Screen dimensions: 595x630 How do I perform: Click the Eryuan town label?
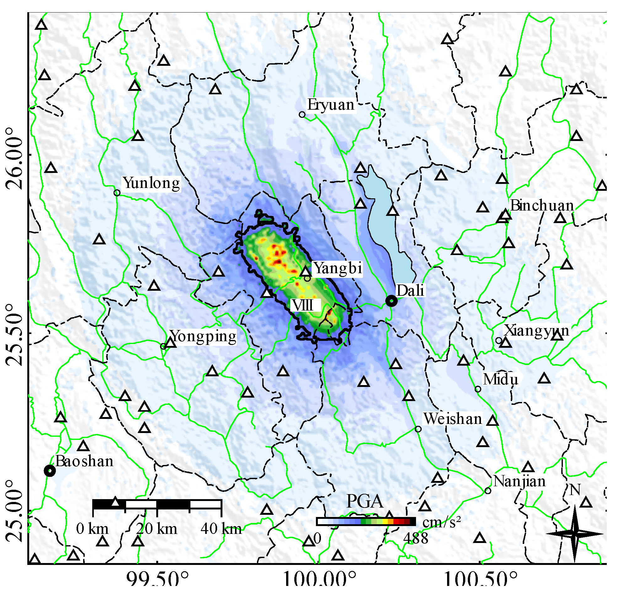[331, 105]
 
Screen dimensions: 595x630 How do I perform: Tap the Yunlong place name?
[151, 183]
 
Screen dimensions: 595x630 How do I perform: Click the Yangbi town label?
[338, 268]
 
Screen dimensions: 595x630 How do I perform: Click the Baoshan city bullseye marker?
[50, 471]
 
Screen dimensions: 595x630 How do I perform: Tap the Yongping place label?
[203, 336]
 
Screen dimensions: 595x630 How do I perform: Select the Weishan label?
[453, 419]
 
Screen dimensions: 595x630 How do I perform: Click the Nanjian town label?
[520, 482]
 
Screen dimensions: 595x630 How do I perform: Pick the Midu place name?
[500, 379]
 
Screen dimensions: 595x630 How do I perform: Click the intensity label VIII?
[303, 305]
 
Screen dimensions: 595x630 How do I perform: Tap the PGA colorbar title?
[365, 501]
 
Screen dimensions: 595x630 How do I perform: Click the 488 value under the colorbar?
[416, 539]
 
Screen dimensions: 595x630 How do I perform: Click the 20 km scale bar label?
[157, 529]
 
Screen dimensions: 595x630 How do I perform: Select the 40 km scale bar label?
[221, 529]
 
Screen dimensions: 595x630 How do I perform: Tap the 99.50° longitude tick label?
[157, 579]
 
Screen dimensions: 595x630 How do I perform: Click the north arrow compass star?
[574, 534]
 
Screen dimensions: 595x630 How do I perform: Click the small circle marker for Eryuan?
[302, 114]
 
